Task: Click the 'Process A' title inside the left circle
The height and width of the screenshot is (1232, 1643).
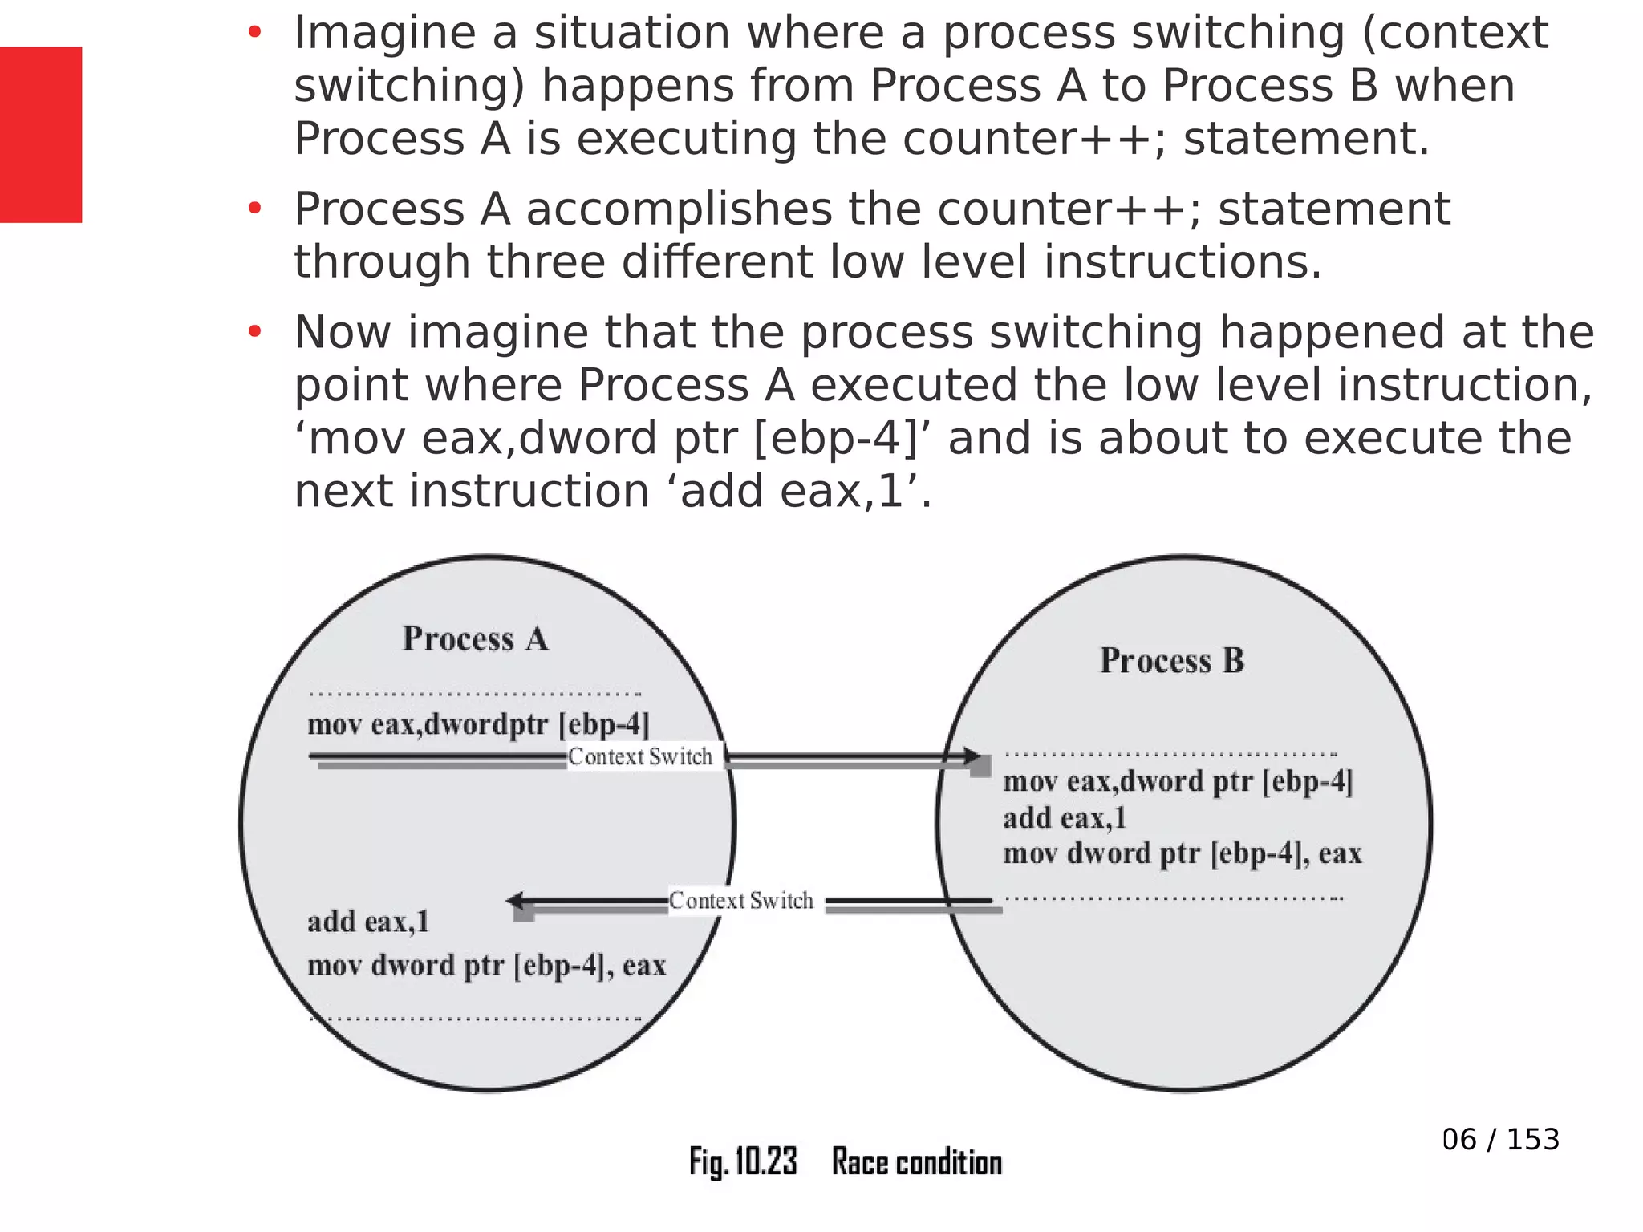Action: (x=475, y=639)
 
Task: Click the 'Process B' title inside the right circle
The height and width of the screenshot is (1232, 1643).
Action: (x=1171, y=661)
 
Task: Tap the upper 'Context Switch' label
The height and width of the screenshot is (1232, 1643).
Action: (x=640, y=756)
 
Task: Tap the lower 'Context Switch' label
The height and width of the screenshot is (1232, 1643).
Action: (x=741, y=901)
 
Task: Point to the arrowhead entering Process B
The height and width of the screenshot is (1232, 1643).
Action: (x=972, y=756)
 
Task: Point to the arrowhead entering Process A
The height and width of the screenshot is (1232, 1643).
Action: (x=516, y=902)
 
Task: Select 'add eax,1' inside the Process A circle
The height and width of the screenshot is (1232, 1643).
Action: (x=368, y=922)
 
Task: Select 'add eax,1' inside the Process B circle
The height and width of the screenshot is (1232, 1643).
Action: (x=1065, y=818)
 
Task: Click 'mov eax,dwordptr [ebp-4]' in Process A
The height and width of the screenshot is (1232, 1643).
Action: (x=478, y=724)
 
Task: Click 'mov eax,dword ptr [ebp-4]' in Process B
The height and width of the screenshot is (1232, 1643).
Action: (x=1178, y=781)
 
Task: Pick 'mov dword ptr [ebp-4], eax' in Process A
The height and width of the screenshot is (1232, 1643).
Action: (x=486, y=965)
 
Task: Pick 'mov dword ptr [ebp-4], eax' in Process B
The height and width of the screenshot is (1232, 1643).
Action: (x=1183, y=853)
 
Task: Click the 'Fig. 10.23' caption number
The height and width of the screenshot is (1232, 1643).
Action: (x=743, y=1161)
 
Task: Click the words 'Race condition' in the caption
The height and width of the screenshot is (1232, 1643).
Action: (x=917, y=1162)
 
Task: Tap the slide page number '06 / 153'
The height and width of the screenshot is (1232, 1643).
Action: (x=1500, y=1139)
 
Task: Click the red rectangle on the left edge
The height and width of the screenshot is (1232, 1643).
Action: (x=40, y=134)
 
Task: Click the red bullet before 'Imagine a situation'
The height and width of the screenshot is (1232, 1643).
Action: (x=255, y=33)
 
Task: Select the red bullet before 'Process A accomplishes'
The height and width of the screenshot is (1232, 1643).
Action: (x=255, y=209)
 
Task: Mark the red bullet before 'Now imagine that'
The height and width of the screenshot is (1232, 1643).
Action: (x=255, y=332)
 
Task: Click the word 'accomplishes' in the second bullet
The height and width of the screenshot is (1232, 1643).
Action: (x=679, y=209)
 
